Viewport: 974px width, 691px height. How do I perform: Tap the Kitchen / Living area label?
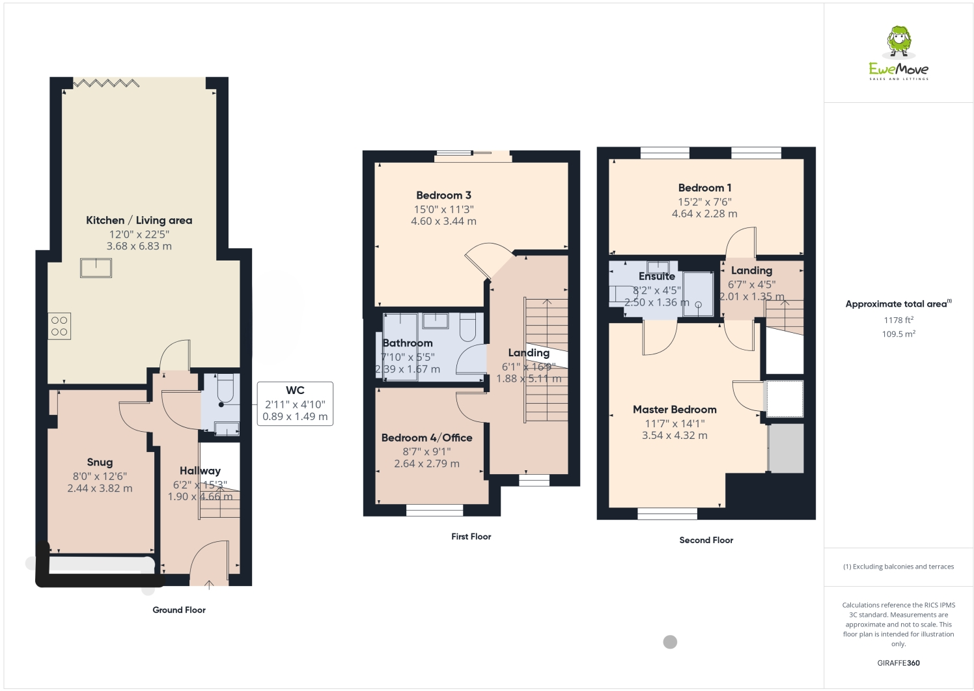click(x=139, y=220)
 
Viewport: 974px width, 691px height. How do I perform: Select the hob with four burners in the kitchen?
click(x=59, y=326)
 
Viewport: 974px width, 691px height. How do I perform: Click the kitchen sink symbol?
click(x=96, y=268)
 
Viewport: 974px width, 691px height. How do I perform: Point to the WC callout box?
click(x=295, y=404)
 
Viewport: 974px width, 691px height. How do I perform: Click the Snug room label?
click(x=100, y=462)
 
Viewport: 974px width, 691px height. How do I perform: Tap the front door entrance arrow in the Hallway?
click(x=209, y=584)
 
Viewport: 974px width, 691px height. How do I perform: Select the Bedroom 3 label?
click(x=443, y=195)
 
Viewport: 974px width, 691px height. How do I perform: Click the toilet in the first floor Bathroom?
click(x=467, y=327)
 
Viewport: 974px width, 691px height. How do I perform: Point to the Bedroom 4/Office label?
click(x=426, y=438)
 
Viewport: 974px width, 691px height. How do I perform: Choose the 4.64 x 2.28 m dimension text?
click(x=704, y=214)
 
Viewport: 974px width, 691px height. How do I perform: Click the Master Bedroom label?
click(x=675, y=410)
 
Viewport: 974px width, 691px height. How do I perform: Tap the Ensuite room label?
click(x=656, y=276)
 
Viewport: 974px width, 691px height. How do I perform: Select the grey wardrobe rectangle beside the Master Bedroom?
click(x=786, y=448)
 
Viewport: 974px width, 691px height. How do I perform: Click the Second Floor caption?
click(x=706, y=540)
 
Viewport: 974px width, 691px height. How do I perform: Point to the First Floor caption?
click(x=471, y=537)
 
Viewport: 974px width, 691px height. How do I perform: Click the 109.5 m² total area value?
click(x=898, y=334)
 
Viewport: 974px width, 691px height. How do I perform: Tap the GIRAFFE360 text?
click(x=898, y=663)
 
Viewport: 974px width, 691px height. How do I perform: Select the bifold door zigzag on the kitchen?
click(x=105, y=83)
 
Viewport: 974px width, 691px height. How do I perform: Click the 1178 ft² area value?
click(x=898, y=320)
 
